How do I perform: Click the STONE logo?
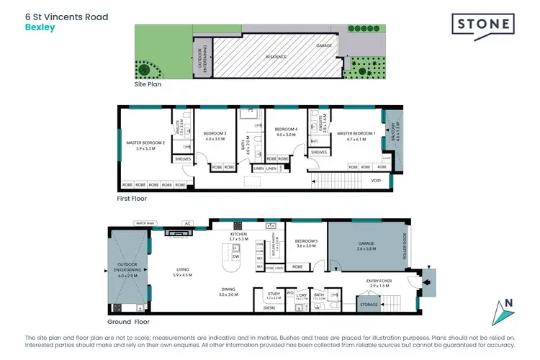point(483,24)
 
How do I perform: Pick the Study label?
point(274,295)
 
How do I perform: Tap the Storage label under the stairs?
point(368,305)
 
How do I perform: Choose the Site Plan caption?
point(148,84)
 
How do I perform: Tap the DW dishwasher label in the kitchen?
point(235,256)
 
